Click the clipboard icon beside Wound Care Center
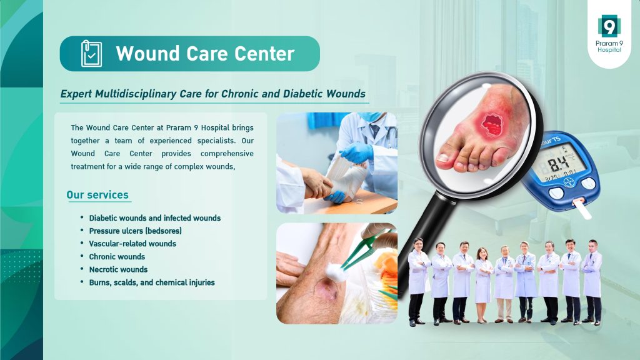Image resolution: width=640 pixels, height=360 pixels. tap(91, 54)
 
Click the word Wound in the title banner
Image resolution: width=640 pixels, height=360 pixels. tap(147, 54)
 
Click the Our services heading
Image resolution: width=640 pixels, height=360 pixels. tap(97, 195)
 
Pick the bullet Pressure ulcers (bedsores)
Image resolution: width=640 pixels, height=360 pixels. tap(136, 231)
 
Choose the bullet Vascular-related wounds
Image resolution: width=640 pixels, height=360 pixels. tap(132, 244)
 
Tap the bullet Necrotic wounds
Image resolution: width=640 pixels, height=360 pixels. tap(118, 269)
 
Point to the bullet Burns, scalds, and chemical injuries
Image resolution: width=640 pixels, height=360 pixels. tap(152, 282)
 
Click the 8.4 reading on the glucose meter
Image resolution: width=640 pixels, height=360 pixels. tap(559, 163)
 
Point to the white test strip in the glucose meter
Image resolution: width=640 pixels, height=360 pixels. tap(582, 208)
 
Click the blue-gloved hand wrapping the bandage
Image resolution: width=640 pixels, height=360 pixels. tap(356, 153)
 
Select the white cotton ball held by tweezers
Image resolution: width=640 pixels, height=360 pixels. tap(336, 271)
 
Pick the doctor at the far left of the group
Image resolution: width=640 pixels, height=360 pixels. tap(418, 282)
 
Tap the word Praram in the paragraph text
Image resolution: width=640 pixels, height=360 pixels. tap(178, 127)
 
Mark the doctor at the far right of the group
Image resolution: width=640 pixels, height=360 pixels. tap(592, 282)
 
